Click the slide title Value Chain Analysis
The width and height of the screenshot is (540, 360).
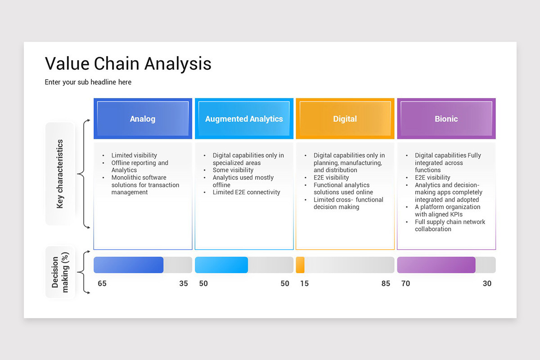point(128,63)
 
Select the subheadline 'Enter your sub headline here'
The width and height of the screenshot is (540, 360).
point(88,82)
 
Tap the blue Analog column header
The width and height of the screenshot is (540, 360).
point(143,119)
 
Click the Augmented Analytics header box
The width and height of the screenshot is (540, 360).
point(244,119)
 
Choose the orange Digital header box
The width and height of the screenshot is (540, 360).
point(345,119)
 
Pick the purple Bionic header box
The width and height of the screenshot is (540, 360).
point(446,119)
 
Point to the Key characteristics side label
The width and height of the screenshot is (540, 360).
point(60,174)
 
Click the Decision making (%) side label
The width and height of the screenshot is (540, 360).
point(60,272)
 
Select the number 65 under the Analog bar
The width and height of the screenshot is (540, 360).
point(102,283)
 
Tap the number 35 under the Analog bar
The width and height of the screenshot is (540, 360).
point(184,283)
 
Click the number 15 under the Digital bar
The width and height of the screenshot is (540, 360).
point(305,283)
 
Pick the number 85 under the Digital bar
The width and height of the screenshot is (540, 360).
point(386,283)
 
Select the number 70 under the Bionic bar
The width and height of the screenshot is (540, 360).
point(405,283)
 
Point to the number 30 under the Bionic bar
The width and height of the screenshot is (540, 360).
point(487,283)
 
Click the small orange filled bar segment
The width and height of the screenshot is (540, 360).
point(300,265)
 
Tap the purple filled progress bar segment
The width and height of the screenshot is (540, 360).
point(436,265)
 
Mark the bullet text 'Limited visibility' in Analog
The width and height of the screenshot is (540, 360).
point(134,155)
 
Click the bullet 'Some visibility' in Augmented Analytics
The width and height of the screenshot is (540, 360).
point(233,170)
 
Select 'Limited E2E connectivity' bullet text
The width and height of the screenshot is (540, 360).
point(247,192)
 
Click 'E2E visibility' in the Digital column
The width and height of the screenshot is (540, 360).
point(331,177)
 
